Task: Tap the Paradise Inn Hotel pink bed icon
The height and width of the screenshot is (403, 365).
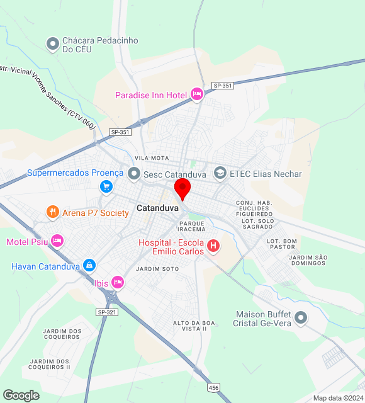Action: (196, 94)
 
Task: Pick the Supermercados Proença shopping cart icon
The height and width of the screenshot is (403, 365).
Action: (106, 186)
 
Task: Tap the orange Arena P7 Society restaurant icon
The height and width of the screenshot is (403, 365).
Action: (53, 213)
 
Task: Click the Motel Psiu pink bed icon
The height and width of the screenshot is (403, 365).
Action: (57, 241)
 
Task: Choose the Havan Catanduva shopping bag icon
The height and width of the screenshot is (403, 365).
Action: (89, 266)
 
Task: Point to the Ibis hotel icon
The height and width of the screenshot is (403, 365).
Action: (117, 282)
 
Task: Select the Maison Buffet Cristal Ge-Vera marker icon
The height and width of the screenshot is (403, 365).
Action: (301, 319)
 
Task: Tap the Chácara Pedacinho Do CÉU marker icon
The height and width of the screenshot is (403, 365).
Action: (53, 44)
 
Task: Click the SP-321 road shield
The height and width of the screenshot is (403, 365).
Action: (108, 312)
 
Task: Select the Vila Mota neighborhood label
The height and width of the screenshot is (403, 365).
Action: (152, 157)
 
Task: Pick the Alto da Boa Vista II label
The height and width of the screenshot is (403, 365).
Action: (194, 326)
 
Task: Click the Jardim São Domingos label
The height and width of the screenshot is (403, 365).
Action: (309, 260)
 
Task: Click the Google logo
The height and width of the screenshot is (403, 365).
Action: (21, 395)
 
